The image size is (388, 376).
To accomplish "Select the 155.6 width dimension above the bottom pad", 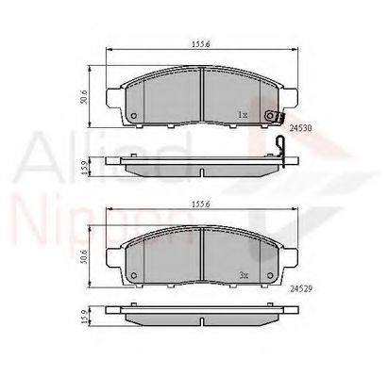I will coord(199,201).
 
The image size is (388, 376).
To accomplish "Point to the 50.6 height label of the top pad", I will coord(83,96).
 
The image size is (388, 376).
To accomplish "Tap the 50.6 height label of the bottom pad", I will coord(83,254).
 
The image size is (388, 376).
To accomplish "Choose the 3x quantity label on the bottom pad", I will coord(243,275).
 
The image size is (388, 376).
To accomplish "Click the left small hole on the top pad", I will coord(132,117).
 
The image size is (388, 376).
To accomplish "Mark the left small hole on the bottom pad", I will coord(132,277).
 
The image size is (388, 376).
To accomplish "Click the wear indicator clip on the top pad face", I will coord(273,116).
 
